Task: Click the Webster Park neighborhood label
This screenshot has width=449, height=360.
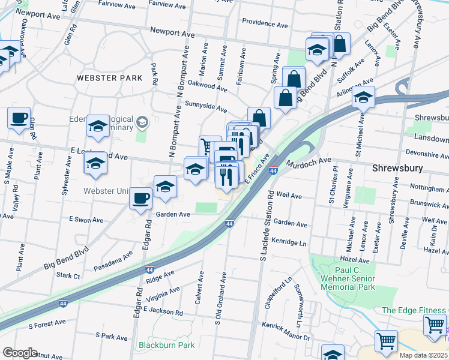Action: tap(109, 78)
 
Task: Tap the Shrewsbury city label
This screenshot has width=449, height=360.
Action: tap(397, 168)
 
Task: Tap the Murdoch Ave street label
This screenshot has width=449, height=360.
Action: tap(308, 161)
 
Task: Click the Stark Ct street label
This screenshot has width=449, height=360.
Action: tap(68, 275)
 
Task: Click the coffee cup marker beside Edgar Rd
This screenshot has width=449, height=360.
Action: tap(141, 197)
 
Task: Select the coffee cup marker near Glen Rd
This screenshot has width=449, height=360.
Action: tap(19, 117)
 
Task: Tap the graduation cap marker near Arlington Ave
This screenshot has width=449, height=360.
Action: tap(363, 97)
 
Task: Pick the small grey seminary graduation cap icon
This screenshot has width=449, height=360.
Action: tap(142, 122)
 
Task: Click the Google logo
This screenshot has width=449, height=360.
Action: tap(20, 353)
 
